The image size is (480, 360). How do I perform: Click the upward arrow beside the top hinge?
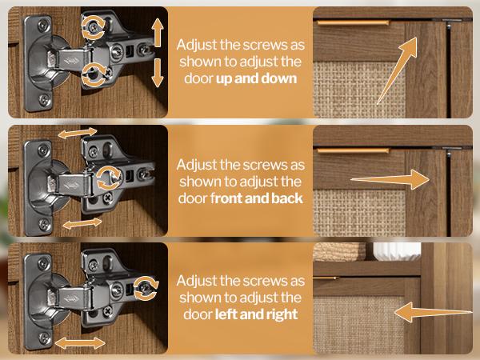158,33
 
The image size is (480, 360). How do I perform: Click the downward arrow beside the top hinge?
158,73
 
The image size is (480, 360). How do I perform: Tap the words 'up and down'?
257,78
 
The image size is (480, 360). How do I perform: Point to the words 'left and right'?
257,314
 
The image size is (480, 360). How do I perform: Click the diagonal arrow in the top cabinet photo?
398,70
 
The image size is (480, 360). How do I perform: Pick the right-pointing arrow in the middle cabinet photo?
390,180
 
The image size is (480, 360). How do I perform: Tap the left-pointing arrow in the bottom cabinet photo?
433,312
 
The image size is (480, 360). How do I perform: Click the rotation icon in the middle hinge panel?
109,178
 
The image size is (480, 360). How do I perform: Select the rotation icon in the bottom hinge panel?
146,288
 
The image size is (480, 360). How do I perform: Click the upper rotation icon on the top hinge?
93,28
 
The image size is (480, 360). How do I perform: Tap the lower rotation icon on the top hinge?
94,74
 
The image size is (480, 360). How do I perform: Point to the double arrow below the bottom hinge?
80,343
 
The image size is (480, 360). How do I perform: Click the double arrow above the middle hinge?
78,133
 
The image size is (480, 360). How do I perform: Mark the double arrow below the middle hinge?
82,223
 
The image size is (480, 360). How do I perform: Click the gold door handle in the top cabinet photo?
354,22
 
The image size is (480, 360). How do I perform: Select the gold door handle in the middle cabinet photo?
354,150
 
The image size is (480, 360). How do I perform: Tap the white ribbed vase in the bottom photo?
397,251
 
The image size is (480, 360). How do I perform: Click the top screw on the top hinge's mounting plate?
44,26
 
